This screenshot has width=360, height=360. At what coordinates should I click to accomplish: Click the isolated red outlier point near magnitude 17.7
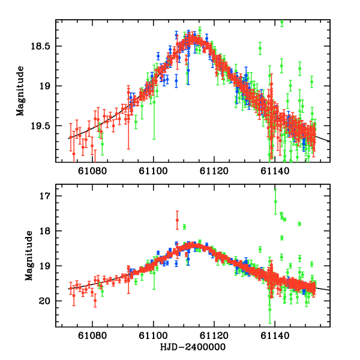click(x=177, y=220)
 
